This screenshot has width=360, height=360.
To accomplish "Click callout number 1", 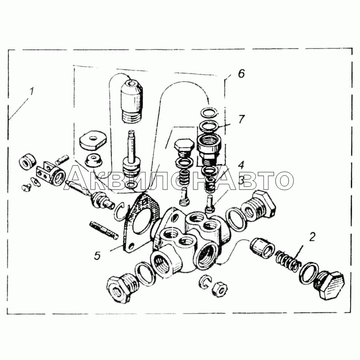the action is tap(31, 91).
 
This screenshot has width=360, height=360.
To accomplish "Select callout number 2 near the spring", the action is tap(312, 237).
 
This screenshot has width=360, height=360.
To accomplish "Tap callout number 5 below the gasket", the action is tap(97, 255).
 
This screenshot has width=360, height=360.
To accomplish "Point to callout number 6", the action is tap(241, 74).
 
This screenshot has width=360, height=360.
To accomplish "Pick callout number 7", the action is tap(241, 119).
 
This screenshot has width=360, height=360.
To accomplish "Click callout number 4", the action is tap(241, 165).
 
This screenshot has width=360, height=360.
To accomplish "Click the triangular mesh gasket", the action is tap(140, 222).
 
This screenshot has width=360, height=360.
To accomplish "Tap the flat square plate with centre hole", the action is tap(93, 140).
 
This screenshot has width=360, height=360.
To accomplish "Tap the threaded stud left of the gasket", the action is tap(104, 230).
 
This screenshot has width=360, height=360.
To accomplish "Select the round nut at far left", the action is tap(27, 162).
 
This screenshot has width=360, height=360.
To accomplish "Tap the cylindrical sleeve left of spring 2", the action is tap(262, 248).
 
